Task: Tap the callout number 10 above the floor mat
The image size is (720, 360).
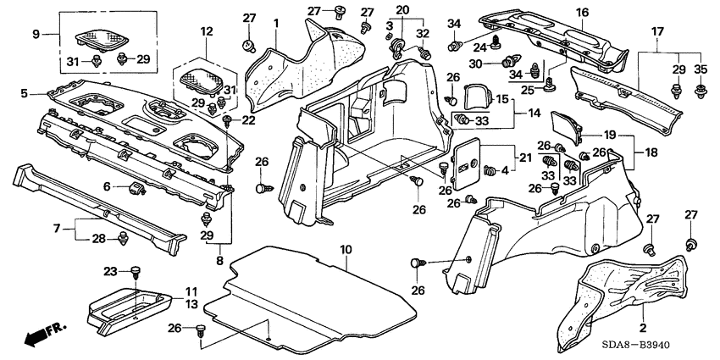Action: pyautogui.click(x=345, y=248)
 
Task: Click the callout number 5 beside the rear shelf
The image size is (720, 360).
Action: pyautogui.click(x=24, y=93)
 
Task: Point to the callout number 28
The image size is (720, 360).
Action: pyautogui.click(x=98, y=240)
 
